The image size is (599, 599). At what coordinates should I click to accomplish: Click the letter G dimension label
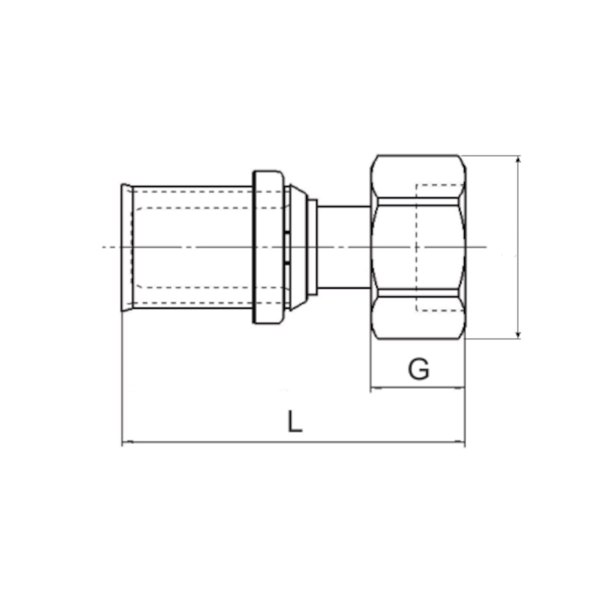click(x=419, y=369)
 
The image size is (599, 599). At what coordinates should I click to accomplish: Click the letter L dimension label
click(x=295, y=421)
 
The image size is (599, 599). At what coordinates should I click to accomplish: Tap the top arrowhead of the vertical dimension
click(x=518, y=160)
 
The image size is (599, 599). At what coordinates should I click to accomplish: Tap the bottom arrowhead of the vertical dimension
click(x=518, y=334)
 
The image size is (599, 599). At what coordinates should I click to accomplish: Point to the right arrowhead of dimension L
click(x=460, y=442)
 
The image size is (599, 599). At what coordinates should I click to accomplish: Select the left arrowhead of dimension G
click(x=376, y=388)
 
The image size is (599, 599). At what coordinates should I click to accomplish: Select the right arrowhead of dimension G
click(x=460, y=388)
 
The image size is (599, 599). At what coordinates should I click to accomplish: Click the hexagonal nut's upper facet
click(x=418, y=177)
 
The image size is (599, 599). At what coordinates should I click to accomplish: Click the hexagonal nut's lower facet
click(x=418, y=318)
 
